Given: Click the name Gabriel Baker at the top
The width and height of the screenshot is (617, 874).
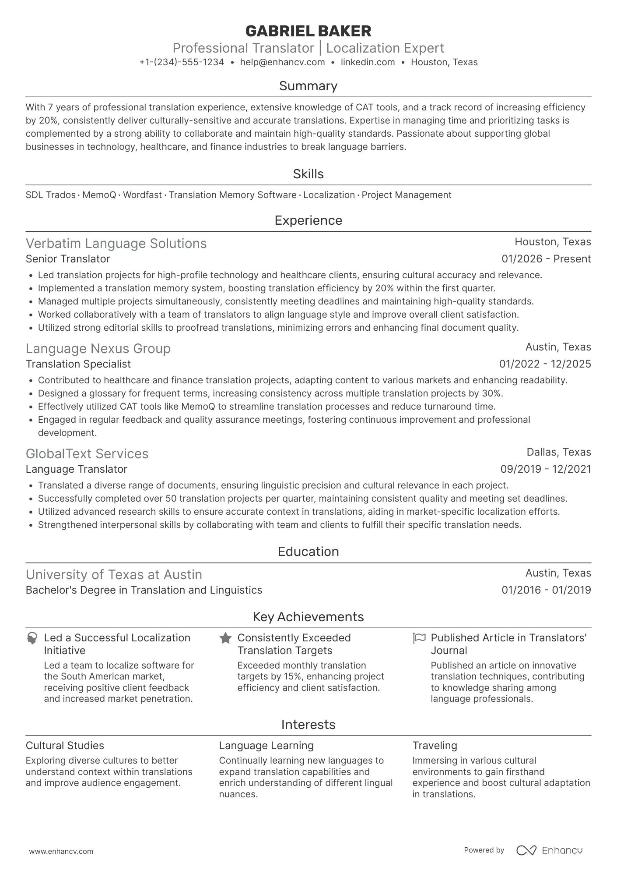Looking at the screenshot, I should pos(308,31).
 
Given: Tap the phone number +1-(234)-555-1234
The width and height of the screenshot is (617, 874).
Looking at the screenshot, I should pos(182,62).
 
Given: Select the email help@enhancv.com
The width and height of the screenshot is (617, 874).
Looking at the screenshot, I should pos(282,62).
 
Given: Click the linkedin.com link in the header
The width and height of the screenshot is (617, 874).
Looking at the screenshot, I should pos(368,62).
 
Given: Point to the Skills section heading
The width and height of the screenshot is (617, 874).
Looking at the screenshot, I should pos(308,174).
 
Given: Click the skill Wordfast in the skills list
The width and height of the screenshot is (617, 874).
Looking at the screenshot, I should pos(142,195).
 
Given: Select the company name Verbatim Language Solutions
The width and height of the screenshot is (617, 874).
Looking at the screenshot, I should pos(116,243).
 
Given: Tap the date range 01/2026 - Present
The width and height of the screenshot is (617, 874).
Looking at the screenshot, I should pos(546,259).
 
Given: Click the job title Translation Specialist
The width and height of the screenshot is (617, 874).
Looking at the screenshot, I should pos(78,364).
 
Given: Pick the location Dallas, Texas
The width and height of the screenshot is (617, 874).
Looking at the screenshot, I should pos(558,452).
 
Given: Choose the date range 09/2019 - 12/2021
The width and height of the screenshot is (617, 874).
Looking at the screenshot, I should pos(545,469).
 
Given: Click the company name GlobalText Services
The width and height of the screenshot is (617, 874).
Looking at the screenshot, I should pos(87,453).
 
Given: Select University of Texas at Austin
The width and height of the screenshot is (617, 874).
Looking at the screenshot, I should pos(114,574).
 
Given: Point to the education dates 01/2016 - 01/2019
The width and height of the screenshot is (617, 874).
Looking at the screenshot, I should pos(546,590).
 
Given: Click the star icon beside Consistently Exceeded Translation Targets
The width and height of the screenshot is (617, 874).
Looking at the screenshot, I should pos(225,638).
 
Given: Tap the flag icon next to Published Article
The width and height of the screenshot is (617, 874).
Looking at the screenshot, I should pos(419,638).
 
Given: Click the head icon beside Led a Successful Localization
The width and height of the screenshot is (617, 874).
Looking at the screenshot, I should pos(32,638).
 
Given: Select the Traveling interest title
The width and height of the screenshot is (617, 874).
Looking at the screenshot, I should pos(434,746).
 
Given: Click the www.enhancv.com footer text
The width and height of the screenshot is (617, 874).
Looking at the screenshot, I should pos(61,852).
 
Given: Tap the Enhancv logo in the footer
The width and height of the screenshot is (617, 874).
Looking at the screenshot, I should pos(549,850).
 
